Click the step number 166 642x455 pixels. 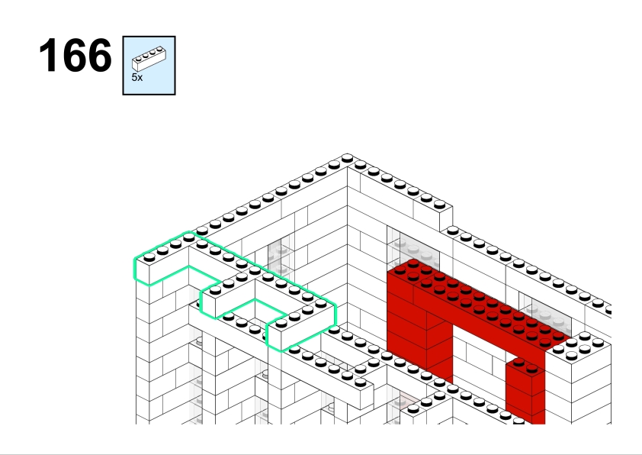pyautogui.click(x=75, y=55)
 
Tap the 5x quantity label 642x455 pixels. pyautogui.click(x=137, y=77)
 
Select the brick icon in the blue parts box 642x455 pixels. pyautogui.click(x=149, y=59)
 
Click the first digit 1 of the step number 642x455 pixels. pyautogui.click(x=48, y=55)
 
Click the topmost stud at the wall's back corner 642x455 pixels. pyautogui.click(x=347, y=158)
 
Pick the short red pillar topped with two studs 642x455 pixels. pyautogui.click(x=525, y=389)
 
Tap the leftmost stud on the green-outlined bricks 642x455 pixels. pyautogui.click(x=149, y=257)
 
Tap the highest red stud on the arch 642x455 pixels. pyautogui.click(x=413, y=263)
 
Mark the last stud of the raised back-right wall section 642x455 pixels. pyautogui.click(x=439, y=204)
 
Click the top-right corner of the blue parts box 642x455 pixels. pyautogui.click(x=175, y=37)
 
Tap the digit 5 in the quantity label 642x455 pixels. pyautogui.click(x=134, y=77)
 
